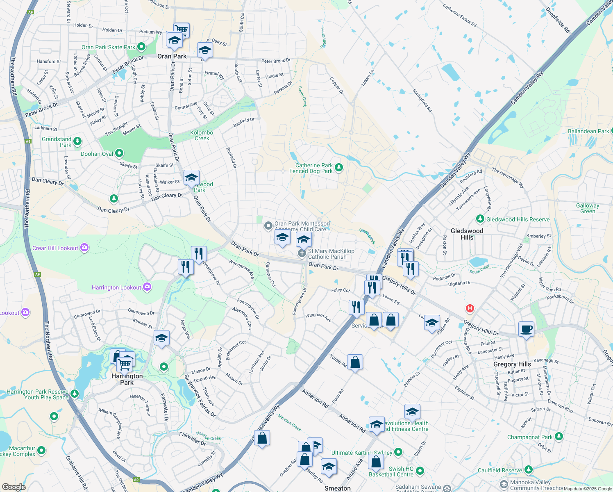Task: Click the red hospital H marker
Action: pyautogui.click(x=470, y=308)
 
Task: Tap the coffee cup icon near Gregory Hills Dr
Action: pyautogui.click(x=526, y=329)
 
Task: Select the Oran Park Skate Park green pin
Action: pyautogui.click(x=141, y=47)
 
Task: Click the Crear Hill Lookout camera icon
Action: pyautogui.click(x=84, y=247)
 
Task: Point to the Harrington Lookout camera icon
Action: pyautogui.click(x=147, y=287)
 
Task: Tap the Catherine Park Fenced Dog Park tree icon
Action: pyautogui.click(x=338, y=167)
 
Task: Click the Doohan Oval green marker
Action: pyautogui.click(x=119, y=153)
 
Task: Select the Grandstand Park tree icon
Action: pyautogui.click(x=77, y=141)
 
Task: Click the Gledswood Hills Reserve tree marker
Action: pyautogui.click(x=480, y=219)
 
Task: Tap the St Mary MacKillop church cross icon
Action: pyautogui.click(x=302, y=253)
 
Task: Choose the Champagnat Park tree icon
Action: pyautogui.click(x=559, y=437)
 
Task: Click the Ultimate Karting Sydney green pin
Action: pyautogui.click(x=398, y=452)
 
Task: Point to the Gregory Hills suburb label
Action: pyautogui.click(x=512, y=364)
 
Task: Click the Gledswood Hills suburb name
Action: pyautogui.click(x=467, y=234)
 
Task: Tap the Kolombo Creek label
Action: pyautogui.click(x=202, y=135)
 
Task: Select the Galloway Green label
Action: pyautogui.click(x=587, y=208)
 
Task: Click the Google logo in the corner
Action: pyautogui.click(x=14, y=487)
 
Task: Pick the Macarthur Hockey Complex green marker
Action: pyautogui.click(x=41, y=451)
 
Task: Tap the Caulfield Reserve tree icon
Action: pyautogui.click(x=528, y=469)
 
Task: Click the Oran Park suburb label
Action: pyautogui.click(x=172, y=56)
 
